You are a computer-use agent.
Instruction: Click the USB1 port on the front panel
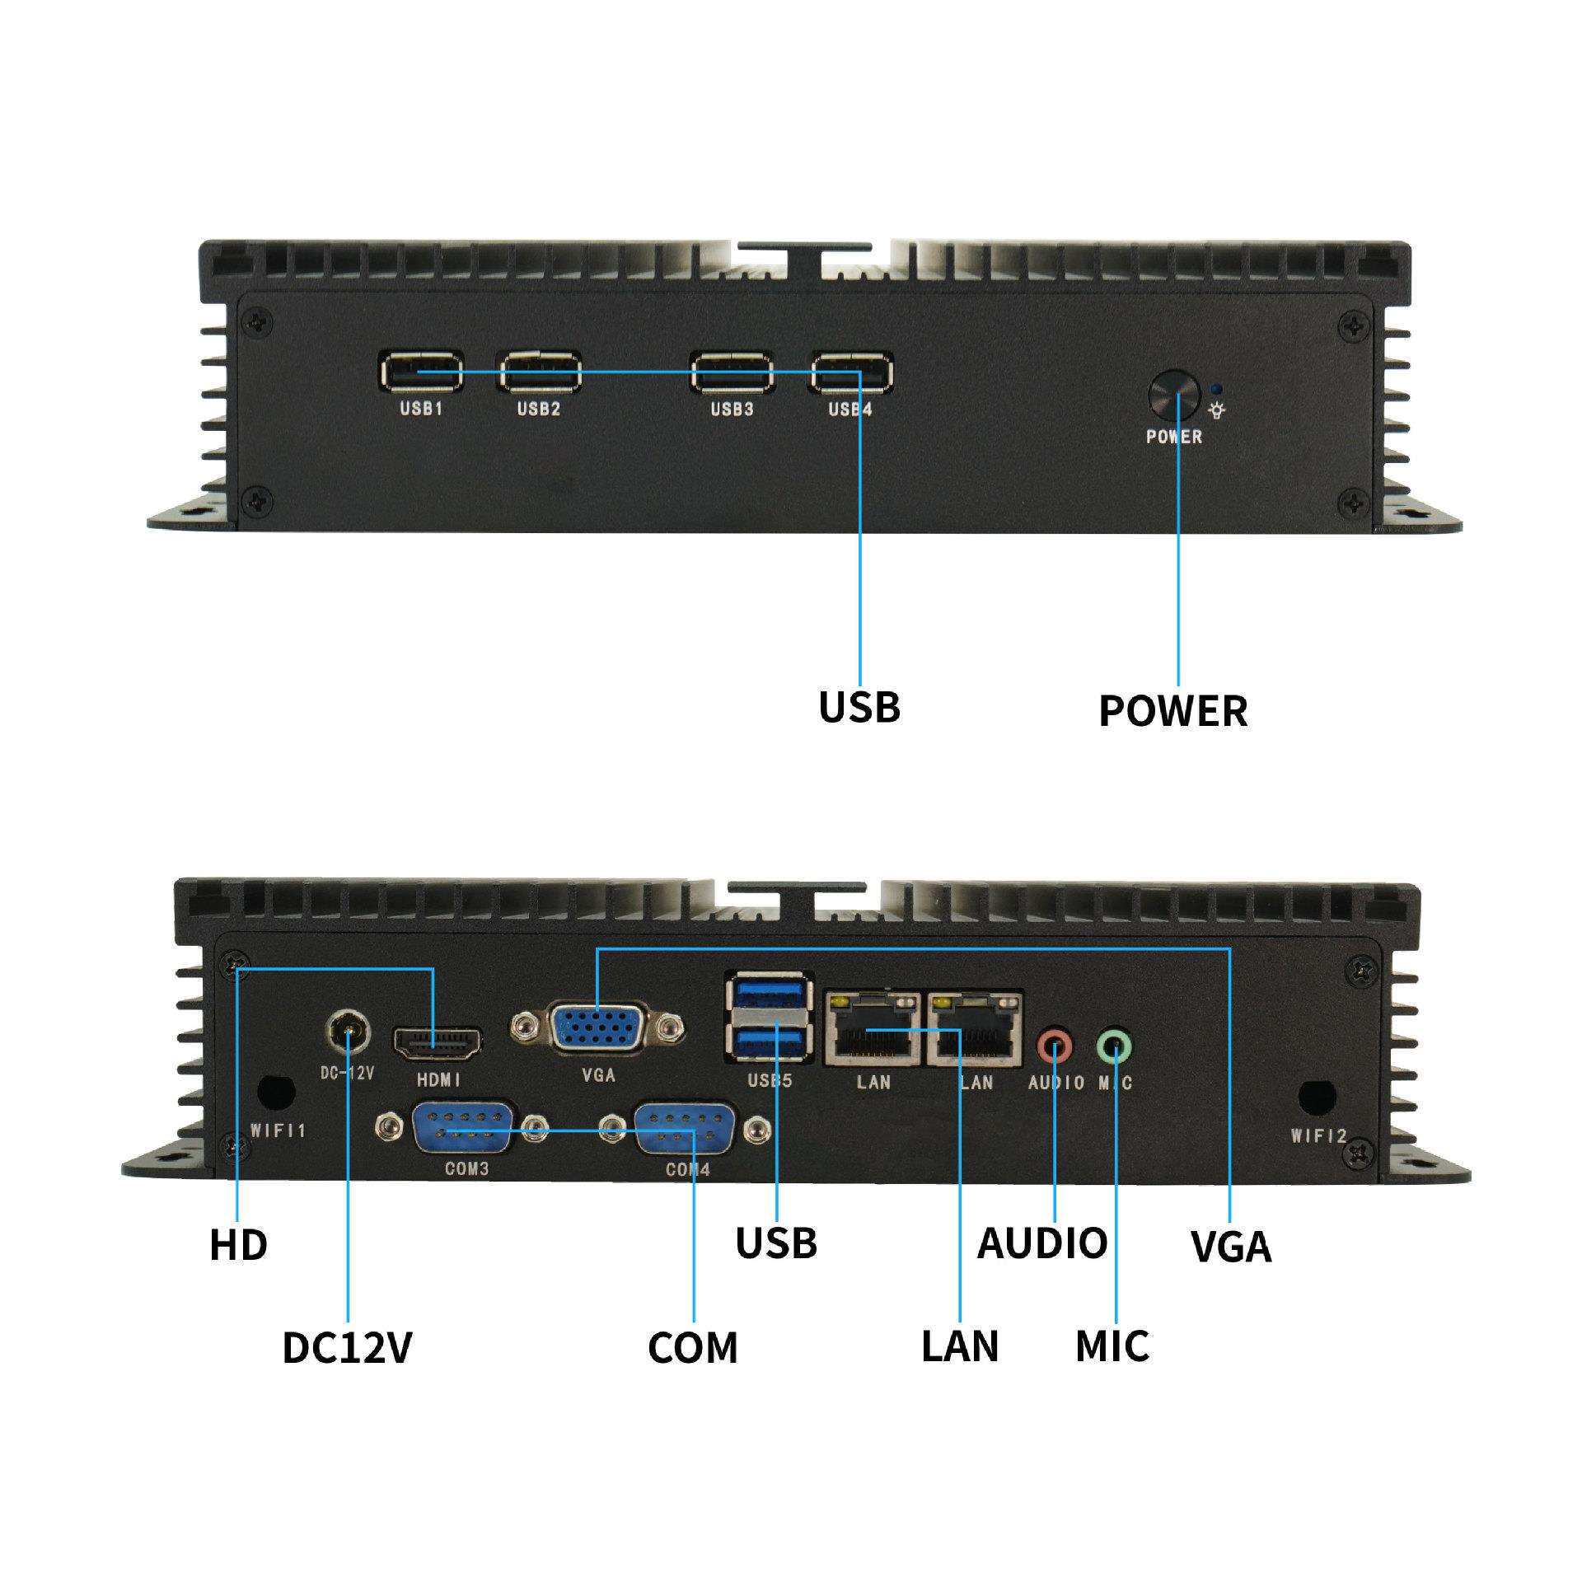pyautogui.click(x=421, y=372)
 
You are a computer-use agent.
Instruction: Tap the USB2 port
pyautogui.click(x=539, y=372)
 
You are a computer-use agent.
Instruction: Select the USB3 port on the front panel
pyautogui.click(x=732, y=372)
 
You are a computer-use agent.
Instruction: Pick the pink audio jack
pyautogui.click(x=1055, y=1046)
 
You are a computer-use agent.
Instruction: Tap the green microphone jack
pyautogui.click(x=1115, y=1046)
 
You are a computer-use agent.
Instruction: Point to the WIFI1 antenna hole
pyautogui.click(x=276, y=1093)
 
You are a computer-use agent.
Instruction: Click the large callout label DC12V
pyautogui.click(x=347, y=1348)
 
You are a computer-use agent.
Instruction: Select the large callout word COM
pyautogui.click(x=693, y=1348)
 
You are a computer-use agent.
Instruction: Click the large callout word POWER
pyautogui.click(x=1173, y=711)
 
